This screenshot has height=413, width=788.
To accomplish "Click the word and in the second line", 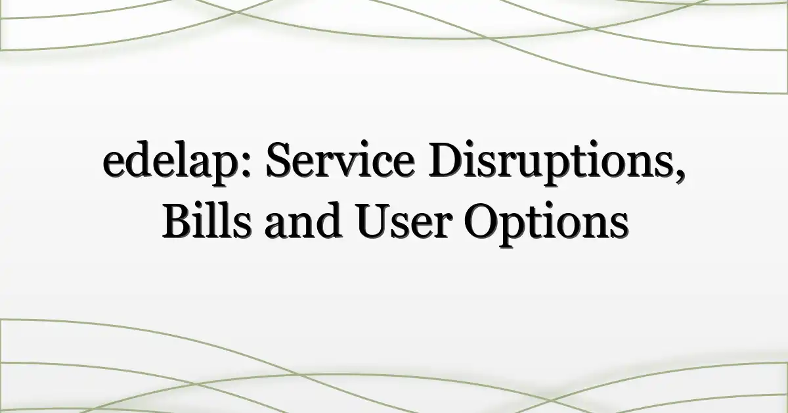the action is click(x=303, y=220).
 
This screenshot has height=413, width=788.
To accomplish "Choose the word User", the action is click(x=403, y=222).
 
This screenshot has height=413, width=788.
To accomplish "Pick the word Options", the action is click(x=546, y=224).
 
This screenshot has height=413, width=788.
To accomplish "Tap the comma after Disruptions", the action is click(x=680, y=174).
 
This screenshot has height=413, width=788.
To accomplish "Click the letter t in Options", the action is click(x=535, y=224).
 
